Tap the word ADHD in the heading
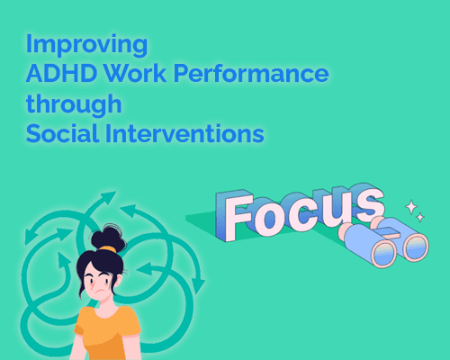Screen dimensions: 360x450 (55, 75)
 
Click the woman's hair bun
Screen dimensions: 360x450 (109, 235)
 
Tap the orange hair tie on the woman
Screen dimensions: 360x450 (107, 248)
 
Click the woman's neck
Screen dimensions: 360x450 (102, 304)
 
